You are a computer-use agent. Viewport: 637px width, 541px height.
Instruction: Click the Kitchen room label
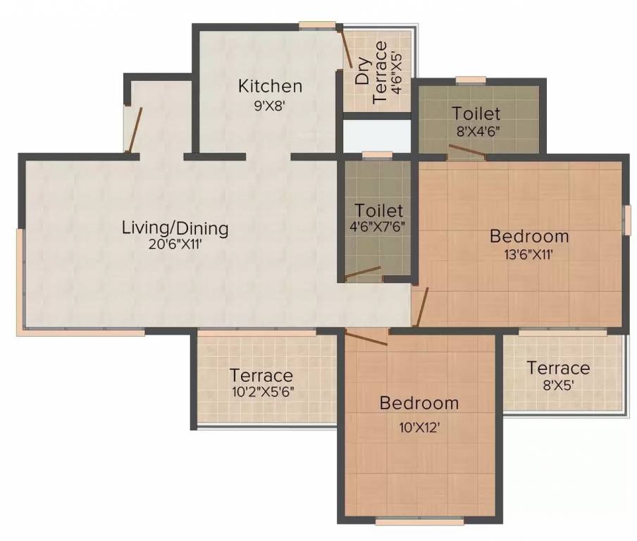tap(270, 86)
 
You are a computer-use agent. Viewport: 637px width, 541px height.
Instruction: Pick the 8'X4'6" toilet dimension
tap(477, 131)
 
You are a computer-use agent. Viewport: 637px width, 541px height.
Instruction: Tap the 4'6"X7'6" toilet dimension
tap(378, 226)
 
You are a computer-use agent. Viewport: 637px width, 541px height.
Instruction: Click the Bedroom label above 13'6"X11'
tap(529, 236)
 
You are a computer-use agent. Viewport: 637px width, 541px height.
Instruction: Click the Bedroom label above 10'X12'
tap(419, 404)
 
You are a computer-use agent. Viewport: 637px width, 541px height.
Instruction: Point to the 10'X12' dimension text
tap(419, 428)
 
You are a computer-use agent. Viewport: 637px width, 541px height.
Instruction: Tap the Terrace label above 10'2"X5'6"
tap(261, 375)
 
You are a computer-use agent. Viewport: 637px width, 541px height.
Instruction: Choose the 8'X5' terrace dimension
tap(559, 385)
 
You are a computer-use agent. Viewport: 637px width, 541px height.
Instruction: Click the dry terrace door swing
tap(346, 48)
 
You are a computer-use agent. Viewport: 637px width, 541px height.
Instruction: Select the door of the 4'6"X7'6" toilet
tap(363, 273)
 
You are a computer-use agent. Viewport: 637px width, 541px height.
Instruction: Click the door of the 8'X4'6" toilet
tap(467, 149)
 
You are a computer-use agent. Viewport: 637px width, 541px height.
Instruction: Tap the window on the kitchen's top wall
tap(318, 25)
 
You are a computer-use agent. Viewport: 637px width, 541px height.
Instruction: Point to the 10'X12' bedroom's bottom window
tap(420, 521)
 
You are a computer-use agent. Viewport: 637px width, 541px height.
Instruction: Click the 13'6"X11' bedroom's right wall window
tap(629, 220)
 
